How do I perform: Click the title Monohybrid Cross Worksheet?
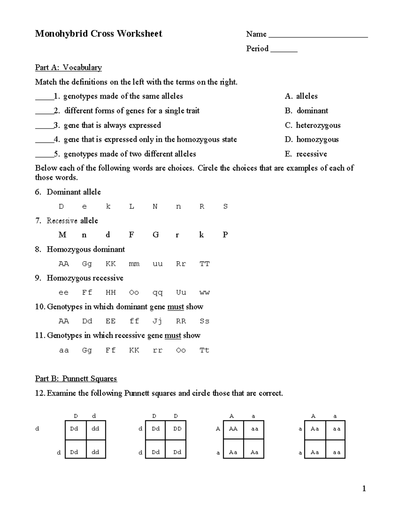tap(98, 34)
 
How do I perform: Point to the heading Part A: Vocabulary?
tap(68, 68)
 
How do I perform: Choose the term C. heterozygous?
tap(313, 125)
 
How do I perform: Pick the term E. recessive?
tap(306, 154)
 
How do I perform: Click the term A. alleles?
tap(301, 96)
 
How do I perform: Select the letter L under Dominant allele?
tap(132, 206)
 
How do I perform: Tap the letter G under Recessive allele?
tap(155, 235)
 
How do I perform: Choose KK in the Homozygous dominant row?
tap(110, 264)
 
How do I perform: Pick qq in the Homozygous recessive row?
tap(158, 293)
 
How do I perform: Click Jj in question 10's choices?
tap(157, 321)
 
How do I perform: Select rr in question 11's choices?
tap(158, 350)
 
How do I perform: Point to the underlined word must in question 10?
tap(176, 307)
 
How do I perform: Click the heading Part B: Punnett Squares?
tap(76, 379)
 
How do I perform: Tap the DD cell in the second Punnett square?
tap(177, 429)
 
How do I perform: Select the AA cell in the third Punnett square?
tap(233, 429)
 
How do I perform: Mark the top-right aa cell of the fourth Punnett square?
tap(336, 429)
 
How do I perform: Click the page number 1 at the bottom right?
tap(364, 489)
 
